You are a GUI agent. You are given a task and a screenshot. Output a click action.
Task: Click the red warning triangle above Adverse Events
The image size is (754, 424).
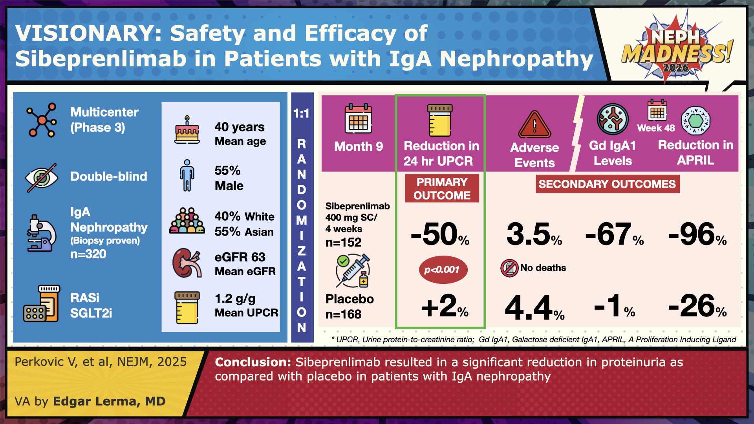(x=534, y=124)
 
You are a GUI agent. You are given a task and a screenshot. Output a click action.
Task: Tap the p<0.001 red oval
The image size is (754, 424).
(x=441, y=270)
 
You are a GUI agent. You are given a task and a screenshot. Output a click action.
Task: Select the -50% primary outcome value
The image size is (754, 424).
(x=440, y=234)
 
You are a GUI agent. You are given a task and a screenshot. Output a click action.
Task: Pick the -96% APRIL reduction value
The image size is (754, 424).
(x=697, y=234)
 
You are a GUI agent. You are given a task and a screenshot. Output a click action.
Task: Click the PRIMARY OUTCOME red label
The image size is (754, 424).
(x=442, y=188)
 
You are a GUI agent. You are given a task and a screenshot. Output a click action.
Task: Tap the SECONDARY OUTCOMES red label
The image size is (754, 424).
(x=607, y=184)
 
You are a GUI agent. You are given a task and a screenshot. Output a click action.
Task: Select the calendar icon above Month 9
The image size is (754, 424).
(x=358, y=119)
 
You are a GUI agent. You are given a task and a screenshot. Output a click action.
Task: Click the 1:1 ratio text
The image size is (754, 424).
(x=301, y=114)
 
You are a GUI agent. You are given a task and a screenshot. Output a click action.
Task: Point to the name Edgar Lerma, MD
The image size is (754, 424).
(x=109, y=401)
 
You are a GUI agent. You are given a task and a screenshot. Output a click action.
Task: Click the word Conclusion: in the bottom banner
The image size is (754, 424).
(x=253, y=362)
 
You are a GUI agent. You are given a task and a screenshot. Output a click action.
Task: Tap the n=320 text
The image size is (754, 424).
(x=88, y=254)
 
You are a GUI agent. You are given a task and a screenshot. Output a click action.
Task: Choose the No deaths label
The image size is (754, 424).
(x=543, y=268)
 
